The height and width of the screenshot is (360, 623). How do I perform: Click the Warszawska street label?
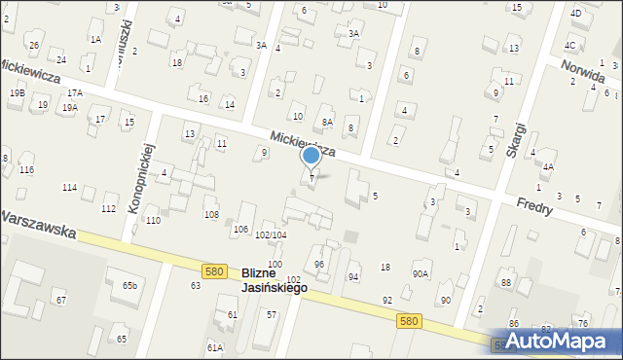click(x=39, y=225)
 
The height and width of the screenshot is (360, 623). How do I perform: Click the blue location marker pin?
click(x=311, y=156)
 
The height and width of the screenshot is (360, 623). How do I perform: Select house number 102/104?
click(x=270, y=235)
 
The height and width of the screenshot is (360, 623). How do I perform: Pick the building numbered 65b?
click(x=129, y=285)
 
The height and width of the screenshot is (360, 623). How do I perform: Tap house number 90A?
click(x=421, y=274)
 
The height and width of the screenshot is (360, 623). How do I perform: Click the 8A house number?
click(x=328, y=122)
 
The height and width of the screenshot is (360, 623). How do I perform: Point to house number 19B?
click(x=18, y=92)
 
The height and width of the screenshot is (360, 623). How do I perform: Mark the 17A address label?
click(x=74, y=92)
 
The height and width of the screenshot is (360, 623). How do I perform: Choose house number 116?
click(x=26, y=170)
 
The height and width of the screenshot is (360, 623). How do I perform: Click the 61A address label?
click(x=214, y=347)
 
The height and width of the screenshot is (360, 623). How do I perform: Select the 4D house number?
click(x=576, y=14)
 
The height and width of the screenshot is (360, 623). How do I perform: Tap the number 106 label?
click(x=239, y=230)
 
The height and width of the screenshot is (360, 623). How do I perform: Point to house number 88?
click(x=505, y=282)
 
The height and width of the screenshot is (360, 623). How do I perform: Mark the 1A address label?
click(x=95, y=39)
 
